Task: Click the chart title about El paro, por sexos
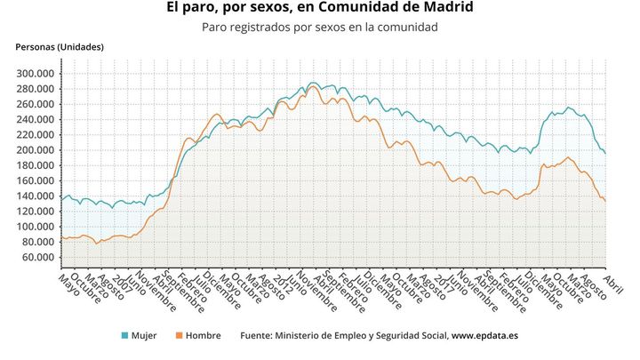[x=320, y=8]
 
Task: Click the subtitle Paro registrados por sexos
[x=320, y=28]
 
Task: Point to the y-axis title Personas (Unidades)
[x=60, y=46]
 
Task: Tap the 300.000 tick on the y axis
[x=36, y=73]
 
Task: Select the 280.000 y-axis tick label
[x=36, y=89]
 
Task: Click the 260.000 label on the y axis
[x=36, y=104]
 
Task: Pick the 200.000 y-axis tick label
[x=36, y=150]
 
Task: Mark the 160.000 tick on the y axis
[x=36, y=180]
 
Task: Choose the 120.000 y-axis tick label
[x=36, y=212]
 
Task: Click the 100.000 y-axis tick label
[x=36, y=227]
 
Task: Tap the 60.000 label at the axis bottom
[x=39, y=258]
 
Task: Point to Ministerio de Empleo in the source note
[x=320, y=336]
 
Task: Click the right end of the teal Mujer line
[x=606, y=154]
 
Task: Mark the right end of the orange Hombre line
[x=606, y=202]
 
